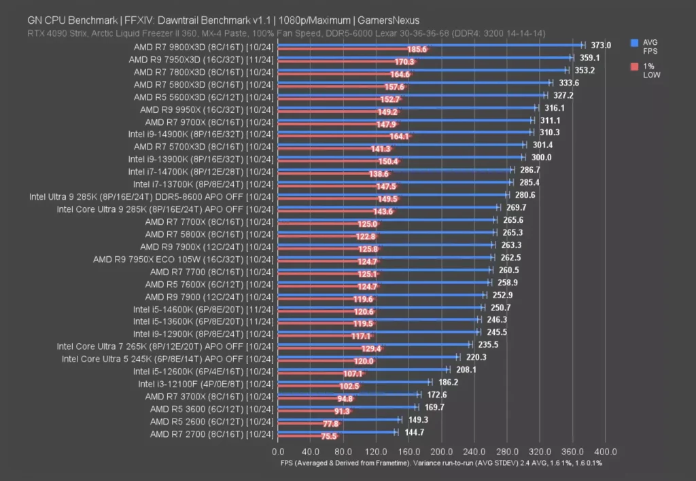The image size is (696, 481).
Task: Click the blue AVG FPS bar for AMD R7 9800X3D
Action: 428,45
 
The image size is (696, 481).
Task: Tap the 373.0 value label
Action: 601,46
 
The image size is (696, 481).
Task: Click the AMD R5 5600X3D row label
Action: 203,96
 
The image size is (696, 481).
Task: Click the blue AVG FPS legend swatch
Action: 634,42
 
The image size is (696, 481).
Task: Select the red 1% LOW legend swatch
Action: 634,67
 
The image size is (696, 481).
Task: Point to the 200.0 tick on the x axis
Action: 441,451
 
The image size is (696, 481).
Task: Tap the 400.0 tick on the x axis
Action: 605,451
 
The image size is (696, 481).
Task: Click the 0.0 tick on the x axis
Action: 278,451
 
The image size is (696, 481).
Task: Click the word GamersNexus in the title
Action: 385,20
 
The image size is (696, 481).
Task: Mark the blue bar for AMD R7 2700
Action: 336,432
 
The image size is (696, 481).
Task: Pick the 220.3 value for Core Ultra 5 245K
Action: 476,357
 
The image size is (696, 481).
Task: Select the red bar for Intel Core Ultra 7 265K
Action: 330,349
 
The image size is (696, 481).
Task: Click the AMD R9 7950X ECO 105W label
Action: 183,259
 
